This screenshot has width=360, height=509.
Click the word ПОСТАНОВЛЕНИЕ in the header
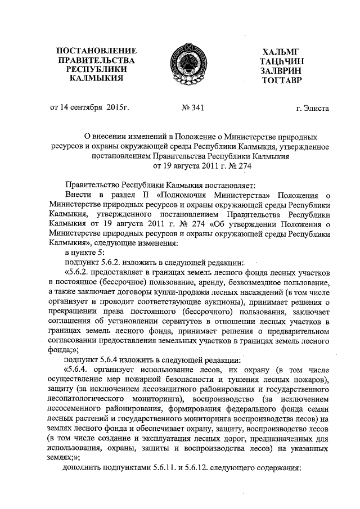(93, 50)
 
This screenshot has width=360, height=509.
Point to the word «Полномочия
(187, 195)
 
